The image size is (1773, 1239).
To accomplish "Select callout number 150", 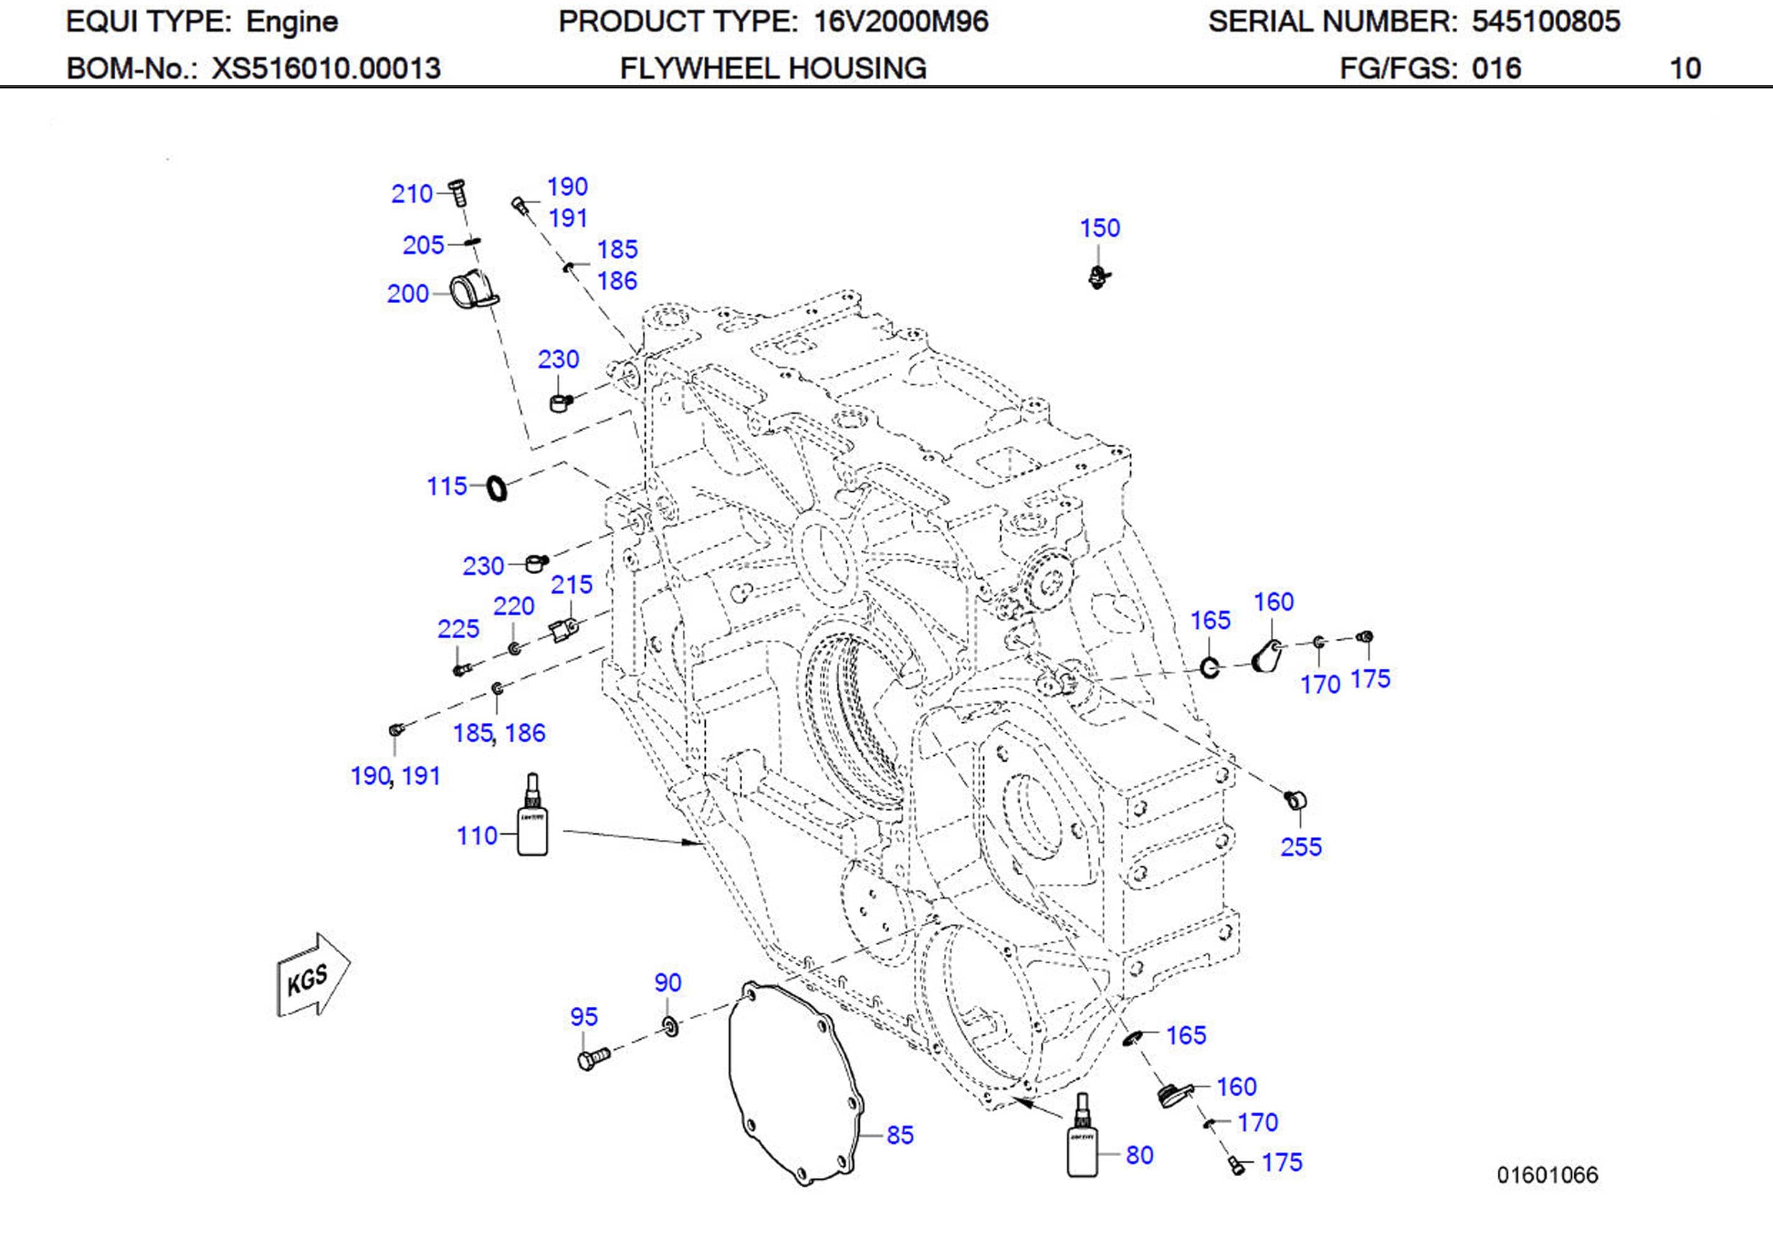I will [1100, 228].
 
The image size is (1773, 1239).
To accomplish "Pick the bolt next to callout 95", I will [592, 1058].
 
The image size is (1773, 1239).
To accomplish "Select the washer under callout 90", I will [670, 1027].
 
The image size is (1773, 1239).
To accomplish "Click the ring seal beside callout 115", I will [497, 488].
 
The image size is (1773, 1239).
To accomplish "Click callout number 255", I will [1301, 847].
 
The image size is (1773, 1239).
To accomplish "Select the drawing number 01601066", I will [1547, 1175].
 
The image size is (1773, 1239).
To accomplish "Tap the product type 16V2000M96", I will [900, 22].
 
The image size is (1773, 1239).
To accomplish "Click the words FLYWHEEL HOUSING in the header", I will [773, 68].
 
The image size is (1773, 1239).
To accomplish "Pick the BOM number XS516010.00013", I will [326, 68].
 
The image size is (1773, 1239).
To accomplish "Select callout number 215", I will [571, 585].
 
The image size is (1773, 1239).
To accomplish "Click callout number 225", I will [458, 628].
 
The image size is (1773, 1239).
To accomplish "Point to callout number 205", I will [423, 245].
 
